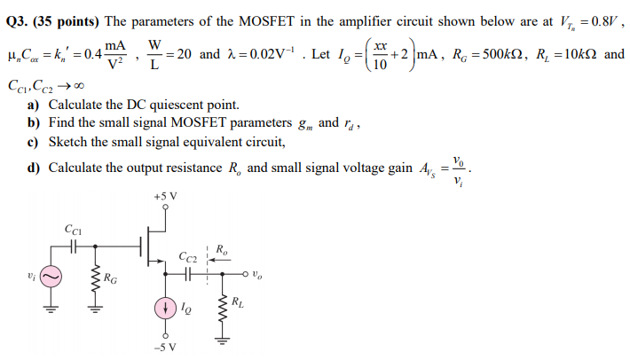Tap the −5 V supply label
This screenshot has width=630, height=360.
164,346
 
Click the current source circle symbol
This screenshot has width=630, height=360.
164,307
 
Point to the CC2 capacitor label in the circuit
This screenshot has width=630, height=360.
187,257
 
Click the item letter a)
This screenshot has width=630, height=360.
33,105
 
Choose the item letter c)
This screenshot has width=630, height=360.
33,142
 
